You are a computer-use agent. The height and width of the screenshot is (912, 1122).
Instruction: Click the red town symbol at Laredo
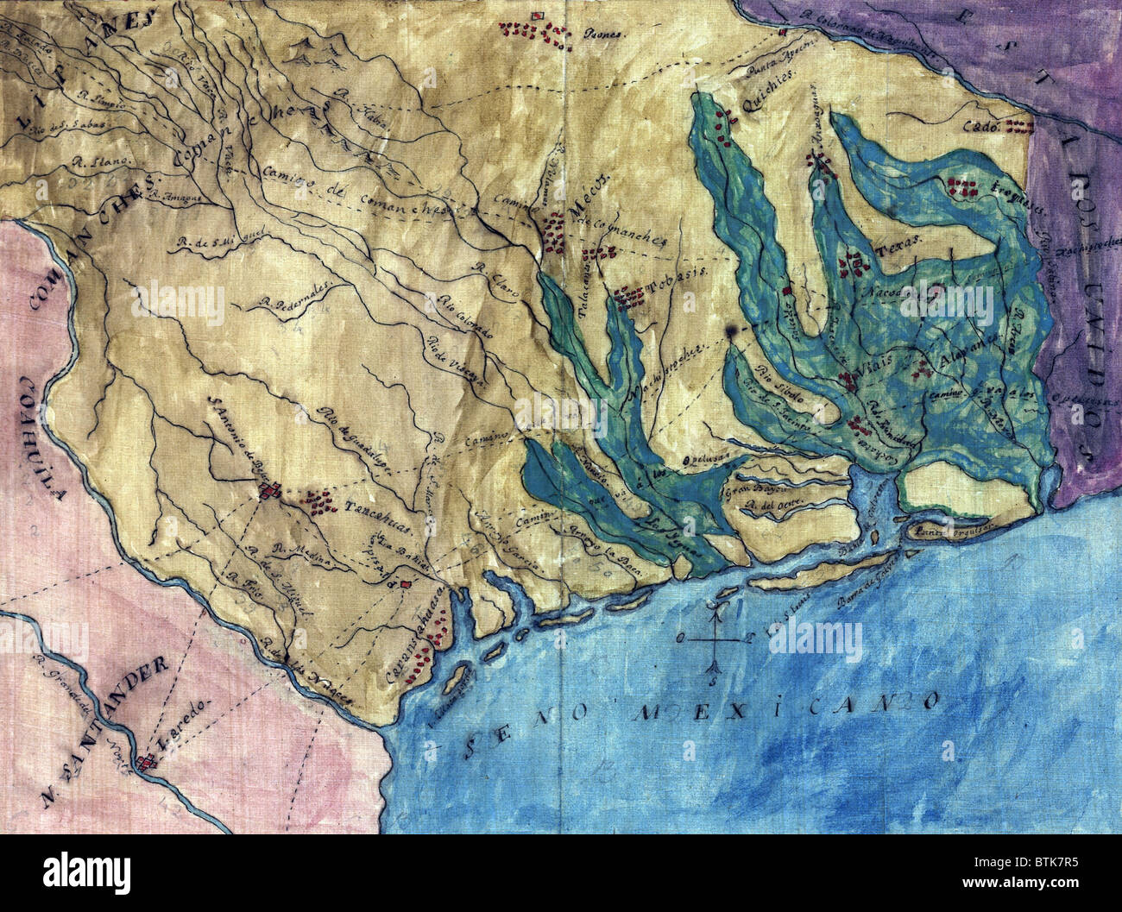tap(149, 759)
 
